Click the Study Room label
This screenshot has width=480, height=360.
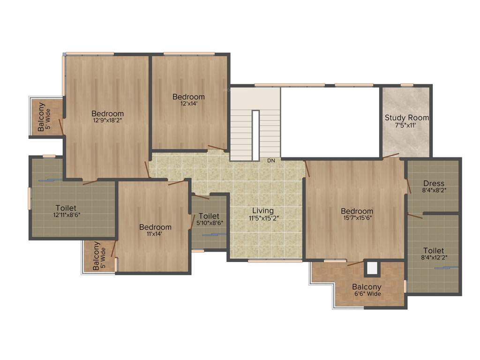406,118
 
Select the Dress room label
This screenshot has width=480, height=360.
434,183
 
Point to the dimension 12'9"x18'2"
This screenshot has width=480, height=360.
108,120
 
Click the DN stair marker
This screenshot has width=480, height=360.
271,161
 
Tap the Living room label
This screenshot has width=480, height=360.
262,211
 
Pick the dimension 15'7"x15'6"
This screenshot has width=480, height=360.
357,218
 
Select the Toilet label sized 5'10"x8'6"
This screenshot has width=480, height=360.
209,216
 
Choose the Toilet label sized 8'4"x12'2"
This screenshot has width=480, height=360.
434,251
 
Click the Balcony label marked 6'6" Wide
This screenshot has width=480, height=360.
367,287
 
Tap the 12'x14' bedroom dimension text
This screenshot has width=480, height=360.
188,104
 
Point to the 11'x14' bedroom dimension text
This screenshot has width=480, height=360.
155,234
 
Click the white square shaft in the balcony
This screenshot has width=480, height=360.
372,268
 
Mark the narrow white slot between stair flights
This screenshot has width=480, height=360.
255,135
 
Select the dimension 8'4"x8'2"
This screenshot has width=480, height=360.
434,191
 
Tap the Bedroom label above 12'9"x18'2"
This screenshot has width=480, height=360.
108,113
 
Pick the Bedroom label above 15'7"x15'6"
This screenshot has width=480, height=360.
357,211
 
